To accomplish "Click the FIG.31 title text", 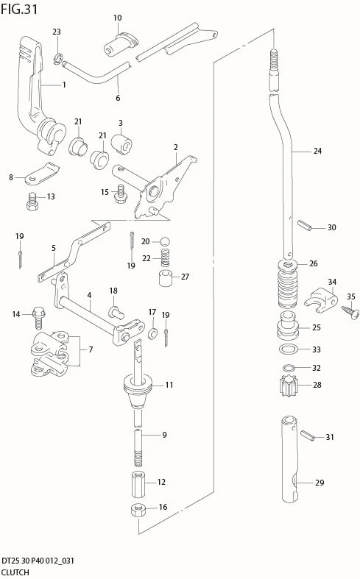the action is (19, 9).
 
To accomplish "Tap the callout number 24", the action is (317, 151).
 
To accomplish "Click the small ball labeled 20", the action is (165, 242).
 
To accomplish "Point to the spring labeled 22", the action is (166, 258).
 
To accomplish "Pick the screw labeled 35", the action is (349, 311).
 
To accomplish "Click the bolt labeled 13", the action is (32, 202).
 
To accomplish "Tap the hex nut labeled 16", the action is (138, 511).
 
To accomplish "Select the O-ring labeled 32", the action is (289, 368).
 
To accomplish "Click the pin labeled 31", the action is (307, 435).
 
